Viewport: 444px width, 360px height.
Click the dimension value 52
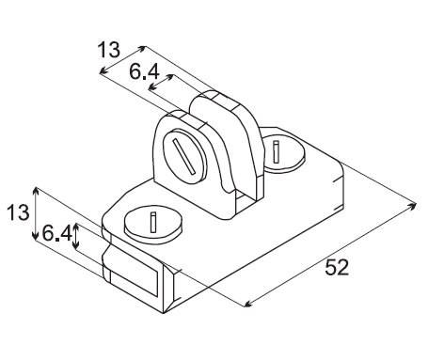[x=337, y=267]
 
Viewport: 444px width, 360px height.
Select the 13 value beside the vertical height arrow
[x=18, y=211]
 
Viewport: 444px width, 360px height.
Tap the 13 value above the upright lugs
[x=108, y=50]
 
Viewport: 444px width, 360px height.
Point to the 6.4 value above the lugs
[x=144, y=72]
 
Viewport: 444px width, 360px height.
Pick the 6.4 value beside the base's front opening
[x=56, y=233]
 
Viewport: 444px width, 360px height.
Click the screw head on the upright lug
[x=185, y=156]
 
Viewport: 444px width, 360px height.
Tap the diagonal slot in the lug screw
[x=184, y=156]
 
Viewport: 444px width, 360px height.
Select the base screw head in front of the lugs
[x=153, y=224]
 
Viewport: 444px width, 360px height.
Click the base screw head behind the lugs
[x=284, y=153]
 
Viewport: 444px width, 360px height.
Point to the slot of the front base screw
[x=153, y=223]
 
